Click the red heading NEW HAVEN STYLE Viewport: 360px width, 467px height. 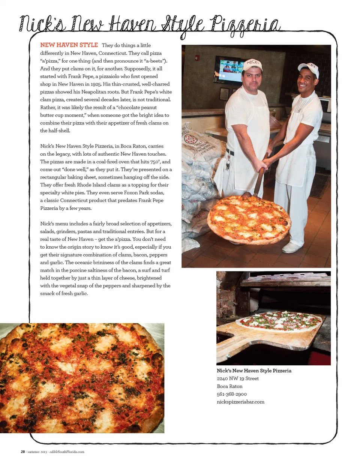point(69,45)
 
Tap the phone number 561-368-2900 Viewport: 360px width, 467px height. point(232,394)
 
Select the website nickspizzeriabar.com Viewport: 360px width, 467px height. point(240,402)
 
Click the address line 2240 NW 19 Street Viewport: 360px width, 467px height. point(238,378)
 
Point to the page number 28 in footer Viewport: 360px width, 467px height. point(23,452)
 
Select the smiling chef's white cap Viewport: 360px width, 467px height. point(308,69)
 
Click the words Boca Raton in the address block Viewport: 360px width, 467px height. point(229,386)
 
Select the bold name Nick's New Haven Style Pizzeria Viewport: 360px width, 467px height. point(254,371)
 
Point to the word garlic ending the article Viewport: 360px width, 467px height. point(80,293)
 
